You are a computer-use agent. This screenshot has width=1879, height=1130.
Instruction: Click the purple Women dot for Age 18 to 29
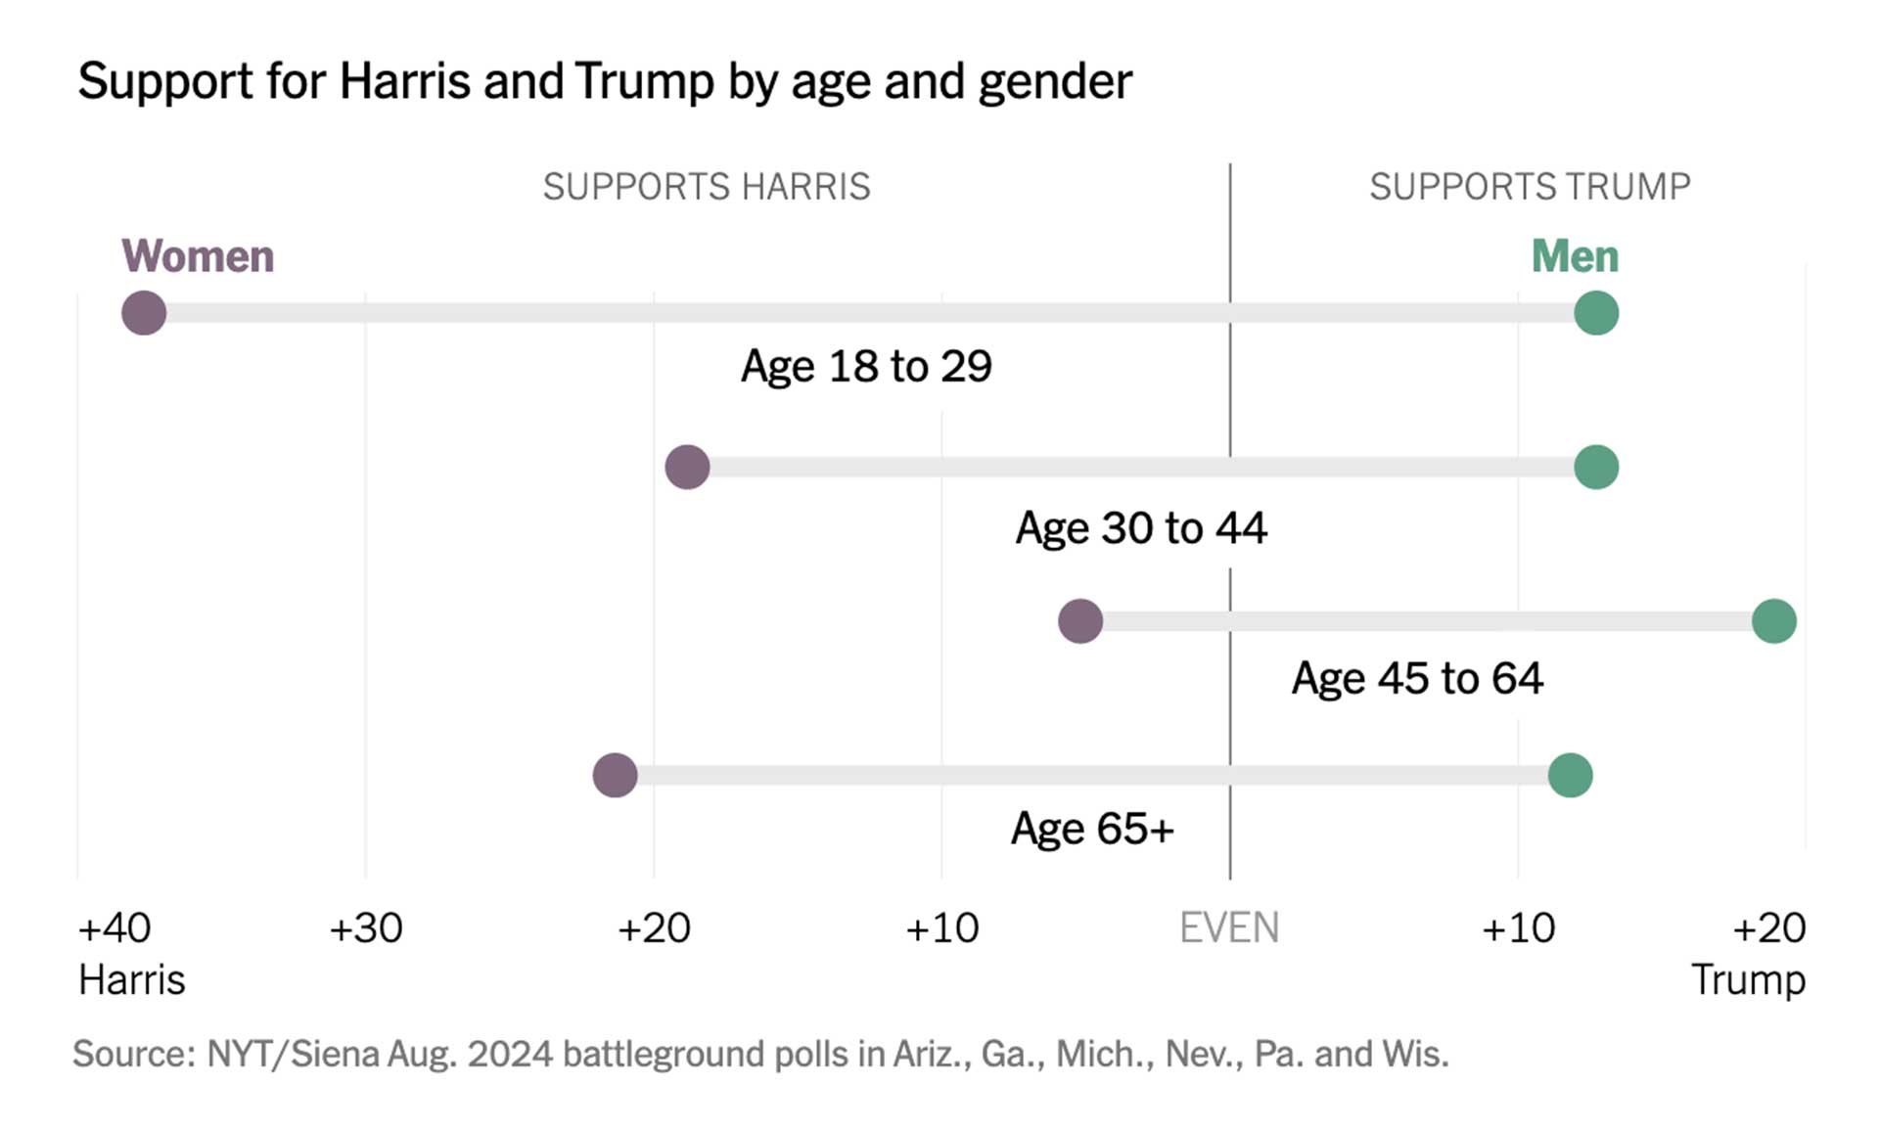(x=144, y=313)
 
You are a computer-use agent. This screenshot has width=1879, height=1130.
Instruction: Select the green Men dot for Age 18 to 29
(x=1596, y=313)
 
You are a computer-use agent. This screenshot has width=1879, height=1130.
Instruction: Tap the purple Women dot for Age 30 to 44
(x=687, y=467)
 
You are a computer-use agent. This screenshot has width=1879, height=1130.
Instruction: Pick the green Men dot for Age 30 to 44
(x=1596, y=467)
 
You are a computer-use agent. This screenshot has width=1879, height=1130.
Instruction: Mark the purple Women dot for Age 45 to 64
(x=1080, y=621)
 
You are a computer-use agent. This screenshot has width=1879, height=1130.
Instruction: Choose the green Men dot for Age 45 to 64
(x=1773, y=621)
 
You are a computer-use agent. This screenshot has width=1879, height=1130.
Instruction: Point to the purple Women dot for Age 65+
(x=615, y=775)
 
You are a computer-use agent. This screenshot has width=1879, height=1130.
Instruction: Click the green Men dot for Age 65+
(x=1570, y=775)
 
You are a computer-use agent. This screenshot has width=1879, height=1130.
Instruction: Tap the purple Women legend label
(x=198, y=256)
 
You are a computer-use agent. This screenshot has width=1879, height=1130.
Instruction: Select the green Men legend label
(x=1575, y=256)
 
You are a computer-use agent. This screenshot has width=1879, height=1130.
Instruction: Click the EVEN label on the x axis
(x=1229, y=927)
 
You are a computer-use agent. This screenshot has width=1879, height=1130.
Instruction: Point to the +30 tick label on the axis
(x=366, y=927)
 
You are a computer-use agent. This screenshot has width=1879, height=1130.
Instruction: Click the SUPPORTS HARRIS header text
(x=707, y=186)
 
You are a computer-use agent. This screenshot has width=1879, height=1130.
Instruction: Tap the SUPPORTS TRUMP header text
(x=1530, y=186)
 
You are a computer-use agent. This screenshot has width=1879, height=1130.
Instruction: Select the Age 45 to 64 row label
(x=1417, y=678)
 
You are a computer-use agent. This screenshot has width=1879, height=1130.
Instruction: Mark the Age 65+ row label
(x=1092, y=829)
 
